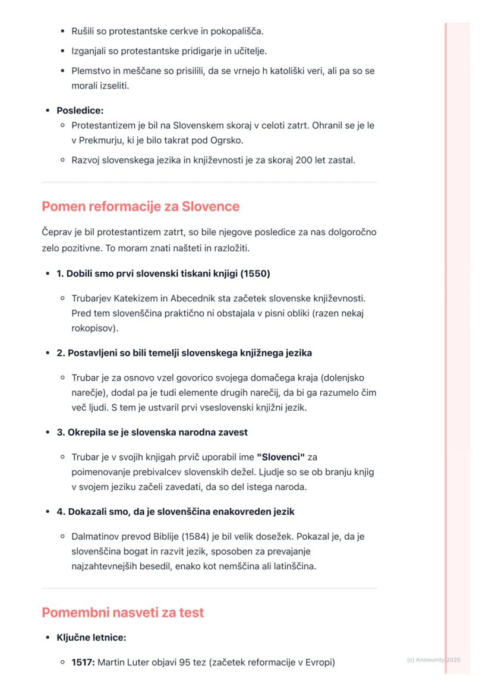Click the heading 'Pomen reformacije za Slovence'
(140, 207)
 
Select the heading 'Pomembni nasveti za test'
(122, 613)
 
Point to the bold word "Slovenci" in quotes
(280, 457)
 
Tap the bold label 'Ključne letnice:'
(91, 637)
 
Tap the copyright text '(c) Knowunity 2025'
(434, 660)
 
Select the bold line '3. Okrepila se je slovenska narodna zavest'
(152, 432)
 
